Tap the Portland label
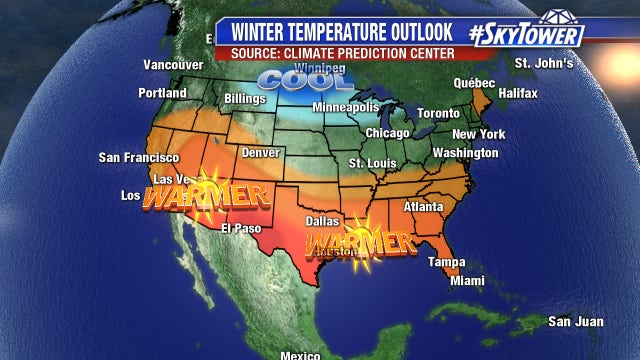pos(163,93)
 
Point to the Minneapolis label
pos(346,107)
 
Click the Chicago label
pos(387,133)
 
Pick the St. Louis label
pos(370,162)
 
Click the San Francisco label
pos(138,158)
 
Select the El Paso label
pos(241,228)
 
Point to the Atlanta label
pos(423,207)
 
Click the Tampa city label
pos(447,262)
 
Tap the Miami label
pos(467,281)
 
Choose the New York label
pos(478,134)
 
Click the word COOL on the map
pos(291,79)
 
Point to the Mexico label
pos(299,355)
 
